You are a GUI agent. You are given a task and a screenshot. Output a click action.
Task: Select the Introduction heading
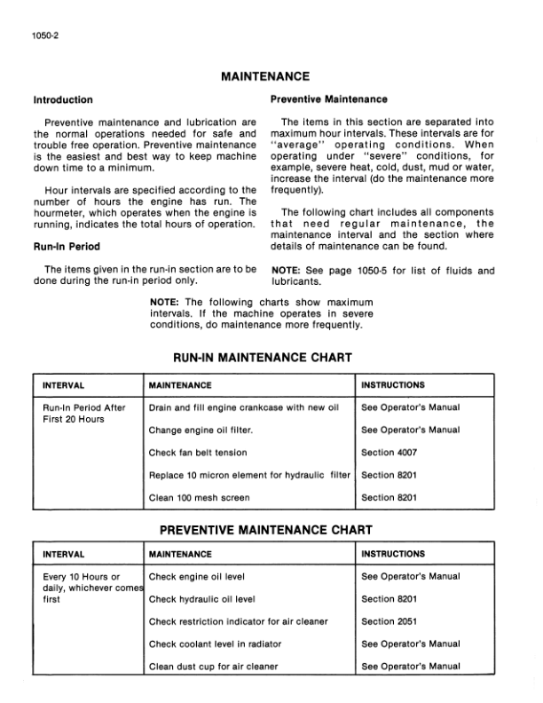(x=62, y=99)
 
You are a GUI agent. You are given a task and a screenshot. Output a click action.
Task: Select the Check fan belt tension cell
(x=198, y=453)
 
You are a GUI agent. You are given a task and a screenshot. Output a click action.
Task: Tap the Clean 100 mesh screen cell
(x=199, y=498)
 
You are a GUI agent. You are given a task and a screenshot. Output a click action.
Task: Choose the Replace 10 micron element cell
(x=249, y=476)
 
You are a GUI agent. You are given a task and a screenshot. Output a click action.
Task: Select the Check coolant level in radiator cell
(x=216, y=644)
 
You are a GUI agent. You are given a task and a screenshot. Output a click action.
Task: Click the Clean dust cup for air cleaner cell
(x=213, y=667)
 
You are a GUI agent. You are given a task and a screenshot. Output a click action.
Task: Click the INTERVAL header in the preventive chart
(x=64, y=554)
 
